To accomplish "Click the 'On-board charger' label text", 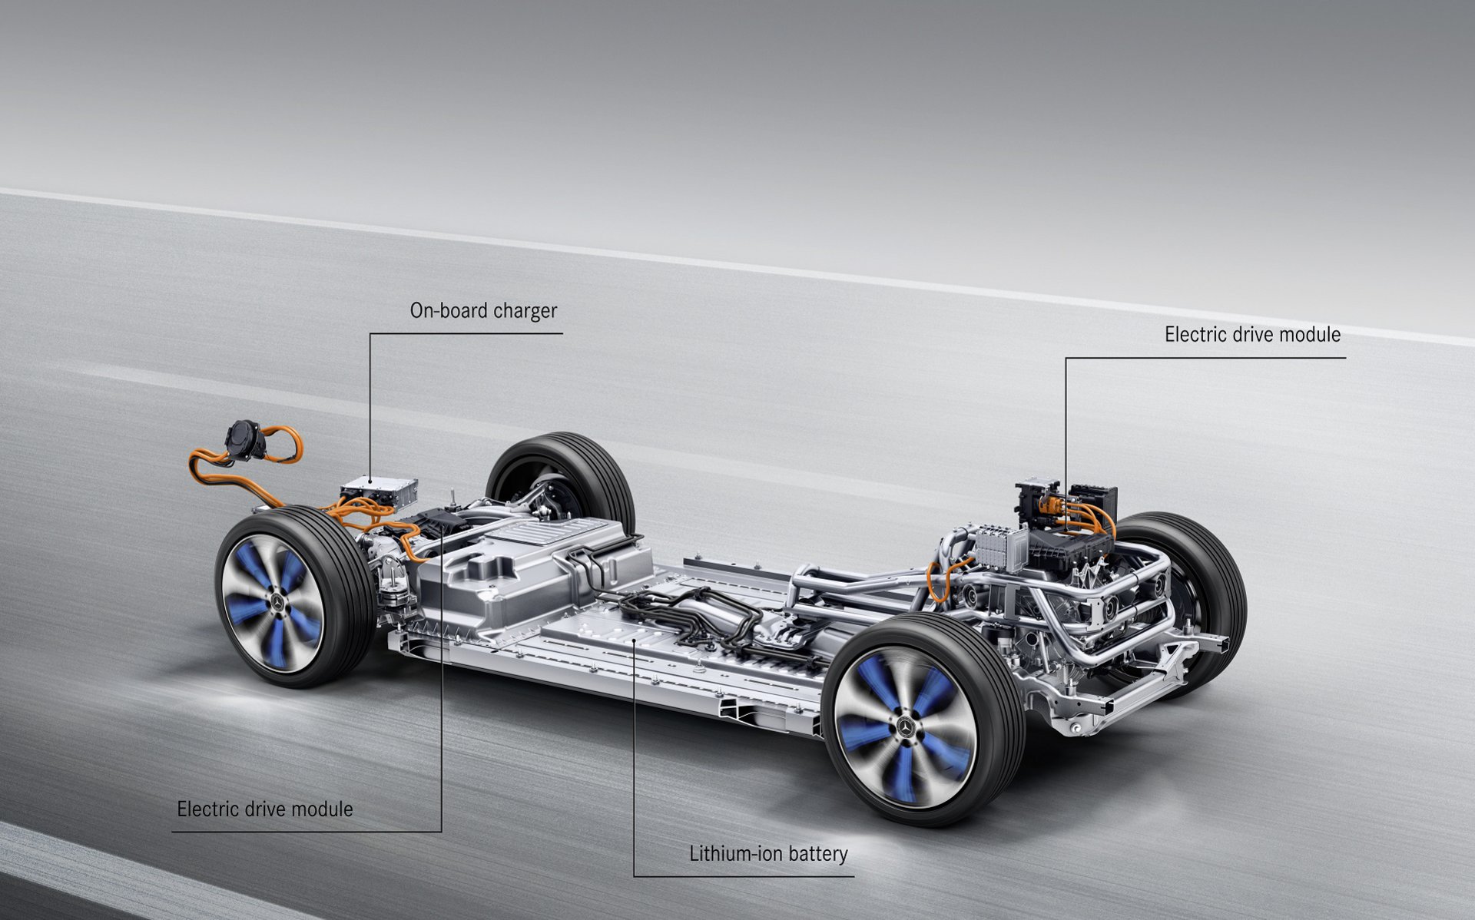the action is [x=483, y=311].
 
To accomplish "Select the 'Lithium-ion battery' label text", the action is [x=768, y=853].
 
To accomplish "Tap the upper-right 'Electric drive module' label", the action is [x=1252, y=335].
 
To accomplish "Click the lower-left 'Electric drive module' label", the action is [x=265, y=809].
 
